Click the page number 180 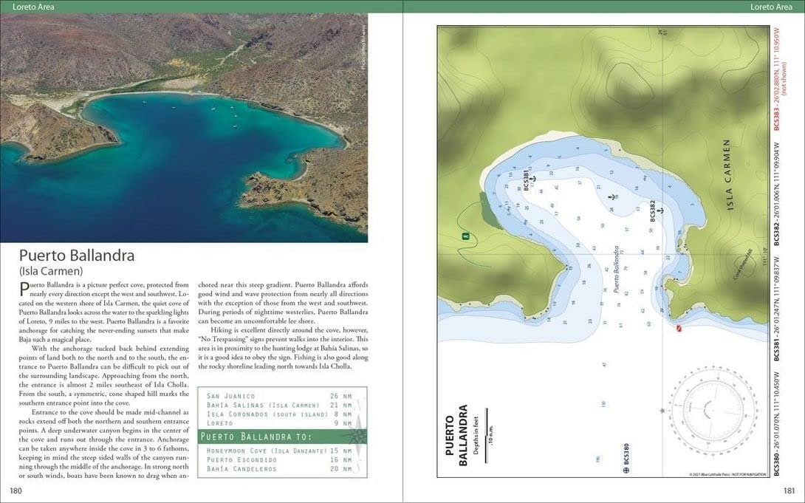click(16, 490)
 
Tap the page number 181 click(788, 490)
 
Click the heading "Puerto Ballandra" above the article click(77, 256)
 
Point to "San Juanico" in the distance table click(231, 396)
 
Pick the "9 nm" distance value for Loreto click(340, 423)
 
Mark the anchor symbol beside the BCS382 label click(661, 210)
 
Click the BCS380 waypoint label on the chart click(627, 454)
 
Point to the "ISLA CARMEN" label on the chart click(727, 174)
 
